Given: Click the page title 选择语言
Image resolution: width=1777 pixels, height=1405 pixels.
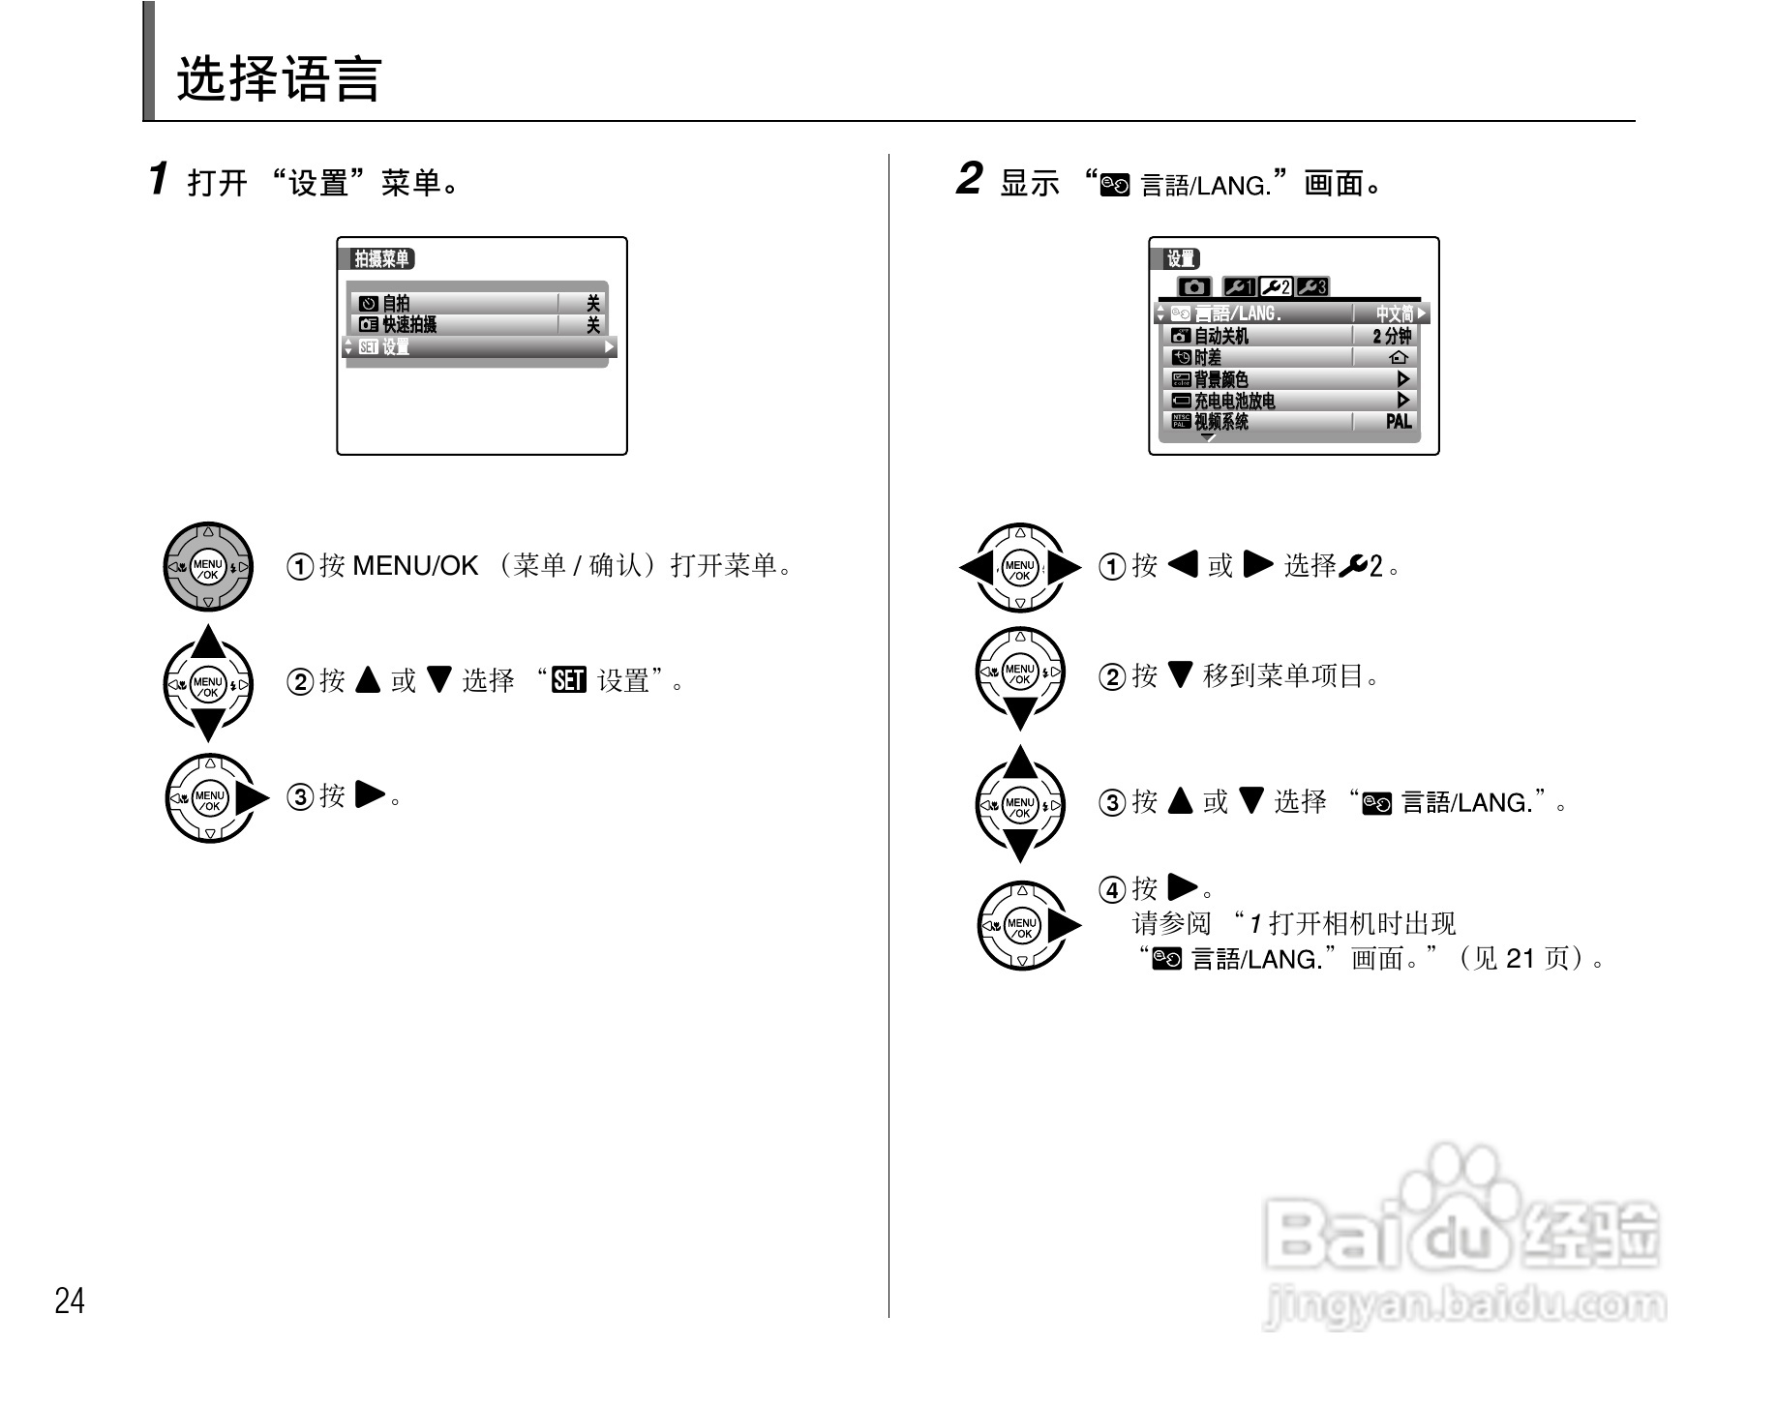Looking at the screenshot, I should click(x=279, y=79).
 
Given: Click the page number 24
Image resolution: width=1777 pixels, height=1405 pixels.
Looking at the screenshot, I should click(x=70, y=1300).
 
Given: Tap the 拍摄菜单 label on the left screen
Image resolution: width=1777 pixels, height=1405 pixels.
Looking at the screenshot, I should click(x=381, y=259).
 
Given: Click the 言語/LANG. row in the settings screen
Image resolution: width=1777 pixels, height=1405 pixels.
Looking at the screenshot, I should click(x=1258, y=314).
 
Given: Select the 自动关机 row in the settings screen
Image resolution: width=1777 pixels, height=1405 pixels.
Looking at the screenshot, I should click(x=1258, y=336).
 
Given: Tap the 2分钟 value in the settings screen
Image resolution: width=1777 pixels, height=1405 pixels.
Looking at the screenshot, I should click(x=1392, y=336).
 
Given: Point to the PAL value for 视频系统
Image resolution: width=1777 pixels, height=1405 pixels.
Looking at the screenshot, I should click(x=1398, y=421).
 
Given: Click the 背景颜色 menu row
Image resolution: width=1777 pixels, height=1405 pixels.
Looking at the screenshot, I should click(x=1258, y=379).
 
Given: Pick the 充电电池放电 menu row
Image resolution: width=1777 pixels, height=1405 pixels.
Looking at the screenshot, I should click(x=1258, y=401).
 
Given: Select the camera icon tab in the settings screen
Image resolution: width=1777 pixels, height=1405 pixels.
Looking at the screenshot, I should click(x=1194, y=287).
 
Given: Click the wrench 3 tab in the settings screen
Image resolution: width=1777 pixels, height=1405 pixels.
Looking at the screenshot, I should click(x=1312, y=287).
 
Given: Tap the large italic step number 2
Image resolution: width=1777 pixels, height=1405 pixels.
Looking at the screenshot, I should click(x=969, y=179).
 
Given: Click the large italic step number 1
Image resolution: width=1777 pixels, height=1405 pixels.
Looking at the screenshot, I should click(x=160, y=179).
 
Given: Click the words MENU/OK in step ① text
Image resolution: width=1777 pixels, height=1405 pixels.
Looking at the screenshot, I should click(x=415, y=566).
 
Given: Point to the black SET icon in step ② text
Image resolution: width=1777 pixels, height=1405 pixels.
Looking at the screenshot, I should click(x=569, y=681).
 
